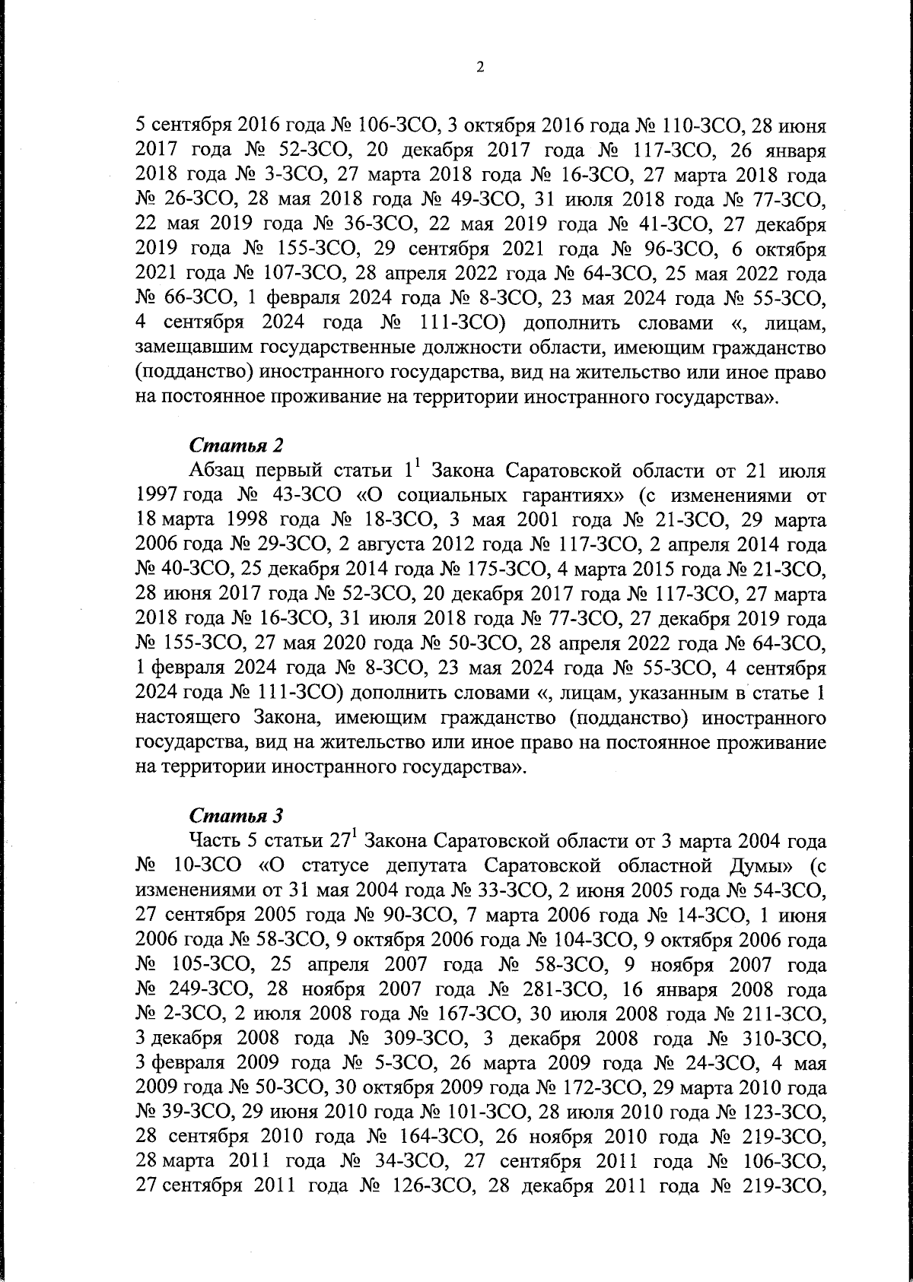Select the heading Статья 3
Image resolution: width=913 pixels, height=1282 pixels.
[236, 816]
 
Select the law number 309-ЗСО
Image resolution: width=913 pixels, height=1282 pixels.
[421, 1039]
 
